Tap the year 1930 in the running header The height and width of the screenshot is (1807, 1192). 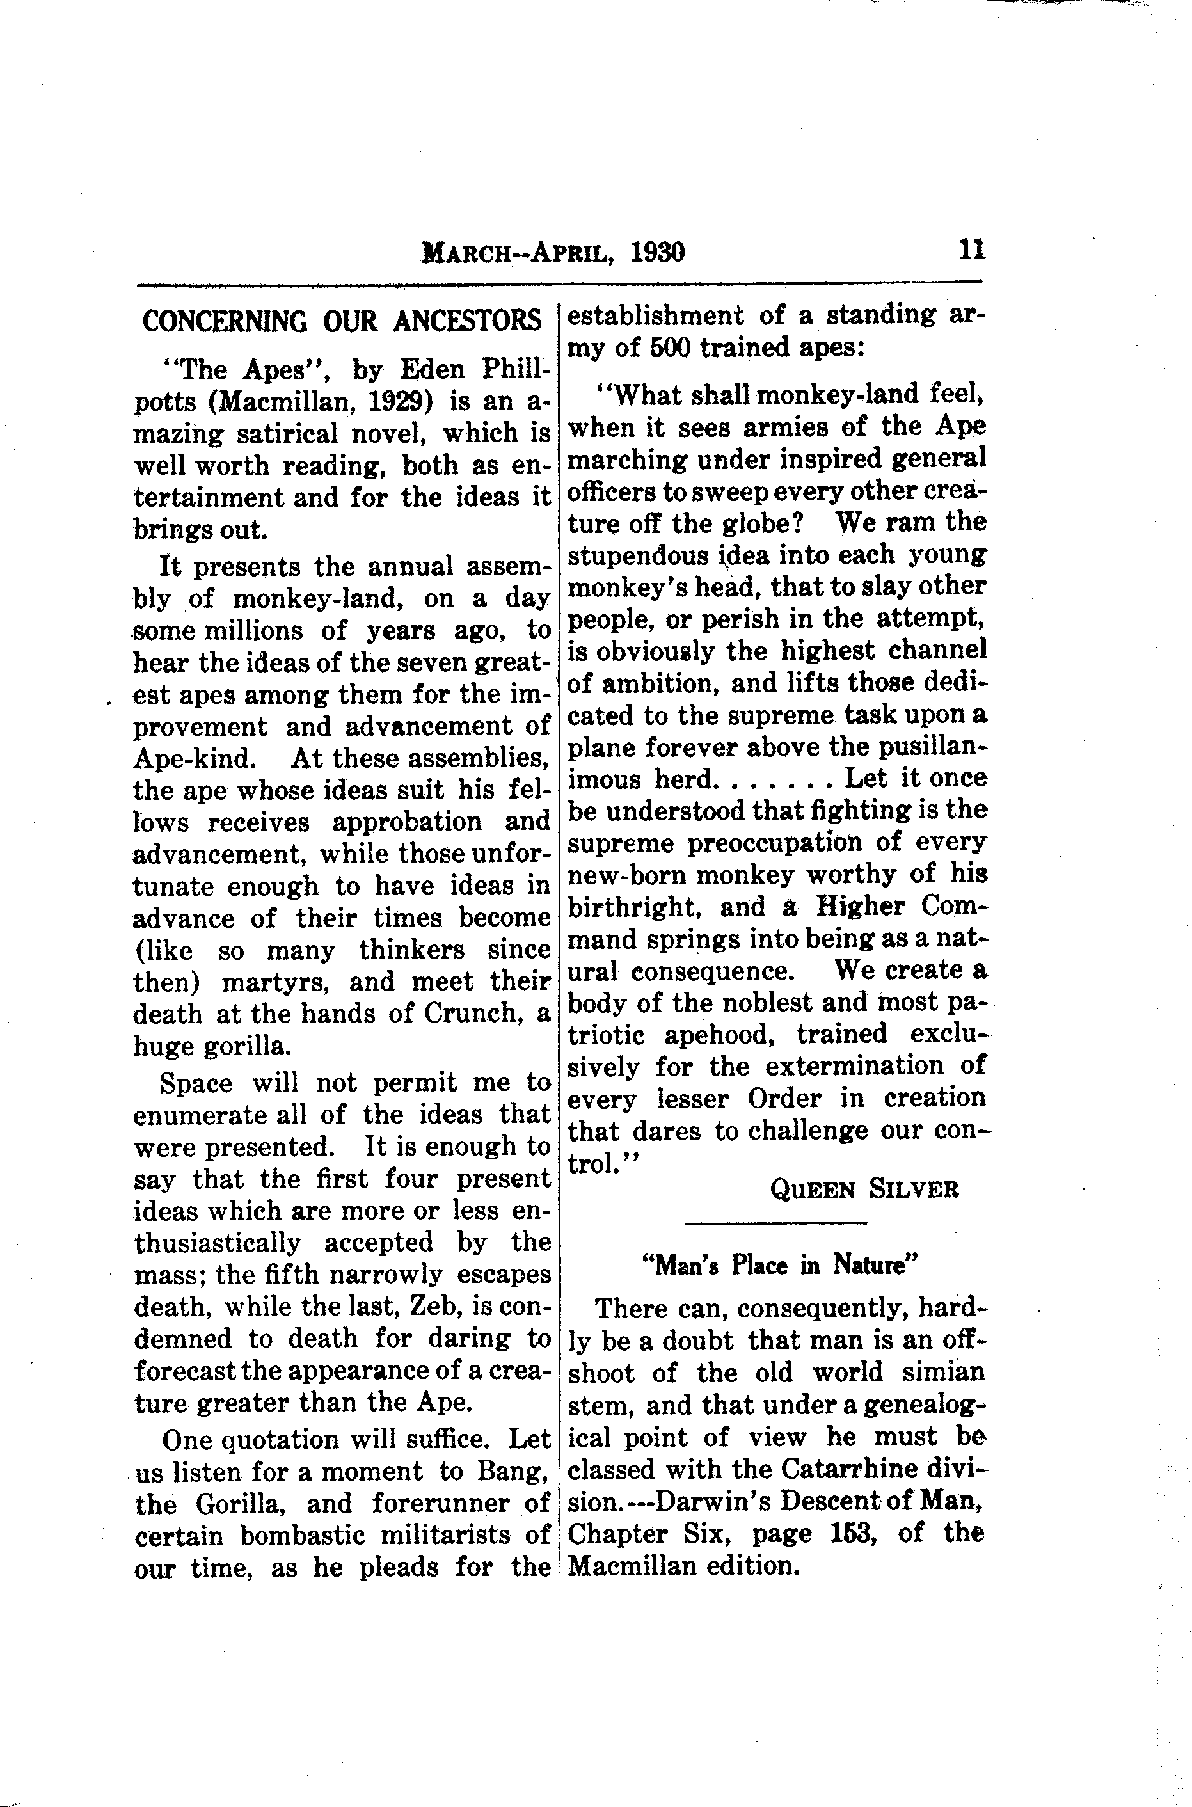tap(658, 251)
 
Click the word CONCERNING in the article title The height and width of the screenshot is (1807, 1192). tap(225, 322)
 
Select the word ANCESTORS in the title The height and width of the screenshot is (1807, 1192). tap(468, 322)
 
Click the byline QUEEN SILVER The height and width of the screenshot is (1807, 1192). tap(864, 1189)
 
